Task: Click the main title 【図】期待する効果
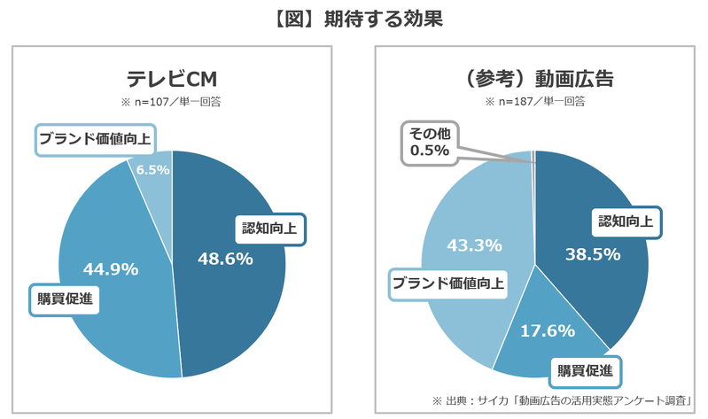tap(354, 18)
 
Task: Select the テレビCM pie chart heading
tap(172, 80)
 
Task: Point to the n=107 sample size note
tap(172, 102)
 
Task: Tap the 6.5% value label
tap(153, 169)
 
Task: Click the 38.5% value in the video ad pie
tap(593, 253)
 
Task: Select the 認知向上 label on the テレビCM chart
tap(269, 229)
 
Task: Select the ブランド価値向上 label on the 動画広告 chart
tap(448, 284)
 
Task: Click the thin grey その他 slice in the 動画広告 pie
tap(533, 158)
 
